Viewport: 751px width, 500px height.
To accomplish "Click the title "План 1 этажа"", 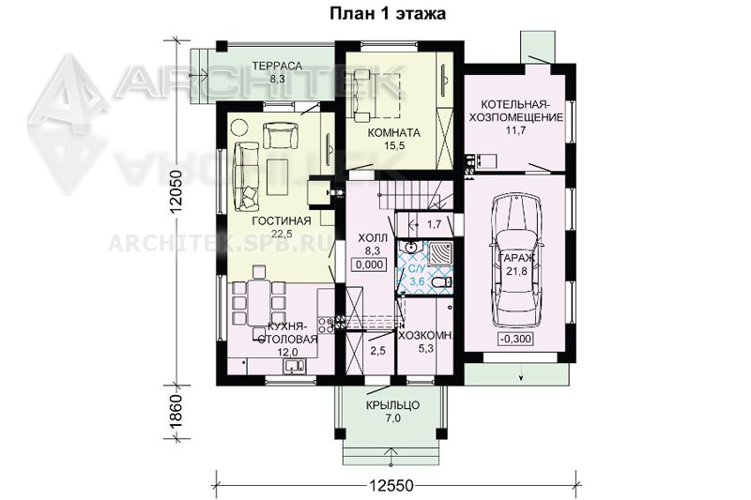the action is point(387,13).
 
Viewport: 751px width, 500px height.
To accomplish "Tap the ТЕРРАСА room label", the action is point(277,66).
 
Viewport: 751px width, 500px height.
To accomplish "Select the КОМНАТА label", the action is point(393,132).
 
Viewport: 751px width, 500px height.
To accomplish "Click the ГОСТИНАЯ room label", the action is point(282,220).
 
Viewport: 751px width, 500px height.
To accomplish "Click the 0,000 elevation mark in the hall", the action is point(370,265).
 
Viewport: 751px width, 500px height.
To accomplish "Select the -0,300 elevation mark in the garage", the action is point(515,339).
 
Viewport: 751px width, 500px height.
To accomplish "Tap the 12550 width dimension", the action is point(391,485).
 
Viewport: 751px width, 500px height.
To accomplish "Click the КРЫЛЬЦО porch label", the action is point(392,405).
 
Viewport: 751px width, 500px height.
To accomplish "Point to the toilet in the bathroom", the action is point(440,283).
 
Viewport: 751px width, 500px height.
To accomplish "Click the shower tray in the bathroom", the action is point(438,253).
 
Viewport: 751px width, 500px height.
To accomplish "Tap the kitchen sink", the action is point(295,366).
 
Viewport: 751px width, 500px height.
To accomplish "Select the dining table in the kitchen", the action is point(259,303).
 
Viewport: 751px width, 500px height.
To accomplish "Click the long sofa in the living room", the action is point(246,175).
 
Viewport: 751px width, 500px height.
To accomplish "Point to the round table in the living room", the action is point(238,128).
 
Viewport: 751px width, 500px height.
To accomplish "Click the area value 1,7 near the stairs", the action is point(434,224).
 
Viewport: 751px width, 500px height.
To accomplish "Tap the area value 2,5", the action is point(377,351).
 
